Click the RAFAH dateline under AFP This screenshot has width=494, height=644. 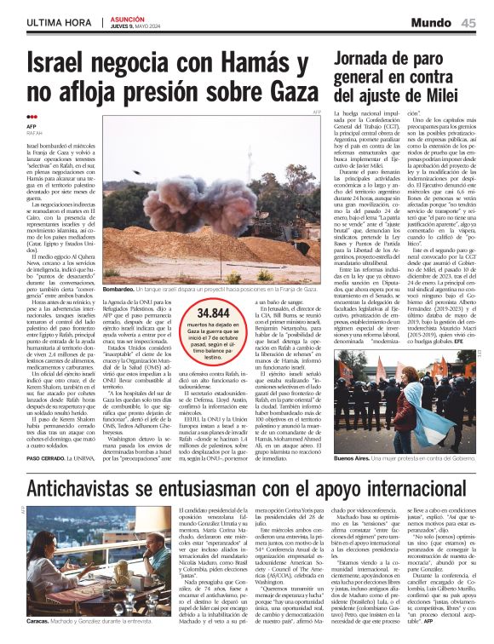tap(34, 134)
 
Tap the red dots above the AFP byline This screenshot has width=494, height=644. tap(32, 118)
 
